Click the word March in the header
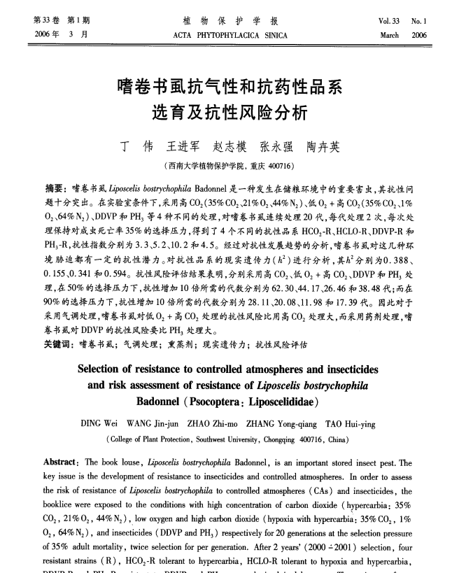pos(390,34)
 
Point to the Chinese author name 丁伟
pos(136,148)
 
